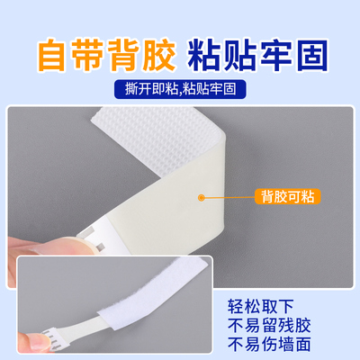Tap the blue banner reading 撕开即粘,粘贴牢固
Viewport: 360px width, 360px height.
click(x=180, y=90)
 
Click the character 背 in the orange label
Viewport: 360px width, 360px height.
click(x=276, y=195)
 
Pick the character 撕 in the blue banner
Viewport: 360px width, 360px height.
click(x=126, y=90)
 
